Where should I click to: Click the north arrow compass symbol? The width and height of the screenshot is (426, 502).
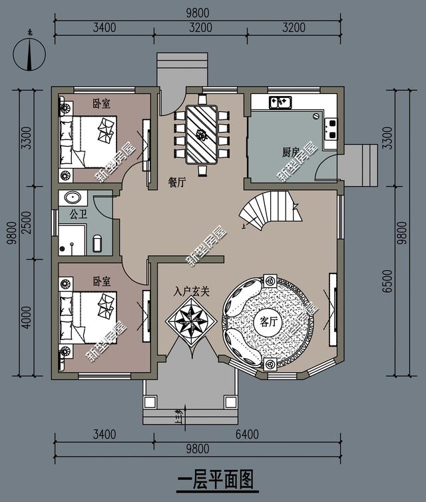[29, 53]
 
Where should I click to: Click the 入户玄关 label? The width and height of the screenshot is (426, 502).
[192, 291]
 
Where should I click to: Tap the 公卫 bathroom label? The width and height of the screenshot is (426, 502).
[69, 215]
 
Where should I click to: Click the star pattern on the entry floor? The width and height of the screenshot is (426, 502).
[192, 321]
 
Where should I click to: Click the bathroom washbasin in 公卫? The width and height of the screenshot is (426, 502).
[71, 198]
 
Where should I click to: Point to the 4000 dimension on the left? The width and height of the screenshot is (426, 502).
[26, 319]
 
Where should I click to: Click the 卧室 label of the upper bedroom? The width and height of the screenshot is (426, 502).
[101, 103]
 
